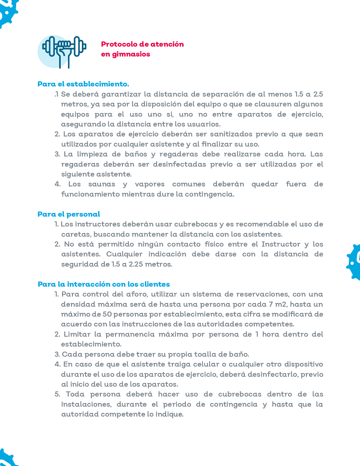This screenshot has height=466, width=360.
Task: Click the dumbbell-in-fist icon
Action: [x=63, y=51]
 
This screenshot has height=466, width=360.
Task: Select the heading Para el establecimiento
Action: [x=83, y=84]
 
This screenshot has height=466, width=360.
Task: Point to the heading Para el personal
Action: [x=69, y=214]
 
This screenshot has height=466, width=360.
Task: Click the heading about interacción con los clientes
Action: [x=104, y=285]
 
